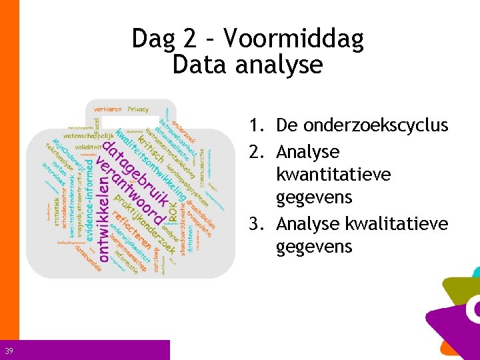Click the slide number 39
pyautogui.click(x=9, y=351)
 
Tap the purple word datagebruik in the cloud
pyautogui.click(x=137, y=167)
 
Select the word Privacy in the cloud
pyautogui.click(x=138, y=109)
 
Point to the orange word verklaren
pyautogui.click(x=109, y=109)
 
